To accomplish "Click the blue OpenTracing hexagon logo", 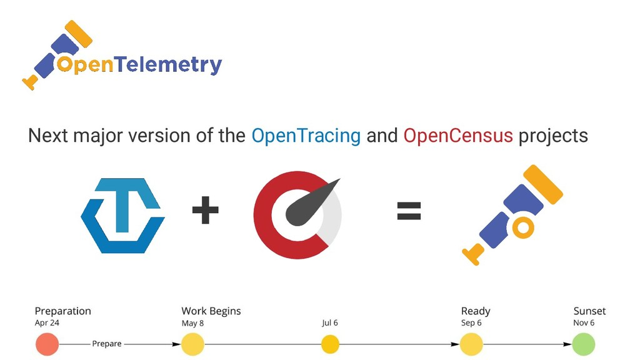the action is point(123,216).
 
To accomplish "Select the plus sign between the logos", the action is point(205,210).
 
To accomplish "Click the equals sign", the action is point(409,211).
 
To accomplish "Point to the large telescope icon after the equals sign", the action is point(512,215).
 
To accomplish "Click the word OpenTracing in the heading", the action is point(306,136).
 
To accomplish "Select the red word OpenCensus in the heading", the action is point(458,136).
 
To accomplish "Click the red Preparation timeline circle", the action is point(47,344).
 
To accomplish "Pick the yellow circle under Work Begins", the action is point(192,344).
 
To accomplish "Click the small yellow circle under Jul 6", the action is point(330,344).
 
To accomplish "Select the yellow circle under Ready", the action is point(471,344).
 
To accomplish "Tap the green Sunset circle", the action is point(583,344).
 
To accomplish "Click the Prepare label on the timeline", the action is point(107,344).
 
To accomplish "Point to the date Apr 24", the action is point(47,323).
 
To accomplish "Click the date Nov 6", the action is point(584,323).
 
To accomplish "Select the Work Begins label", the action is point(211,311).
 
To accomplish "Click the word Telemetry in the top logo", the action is point(168,65).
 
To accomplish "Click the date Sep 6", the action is point(471,323).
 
